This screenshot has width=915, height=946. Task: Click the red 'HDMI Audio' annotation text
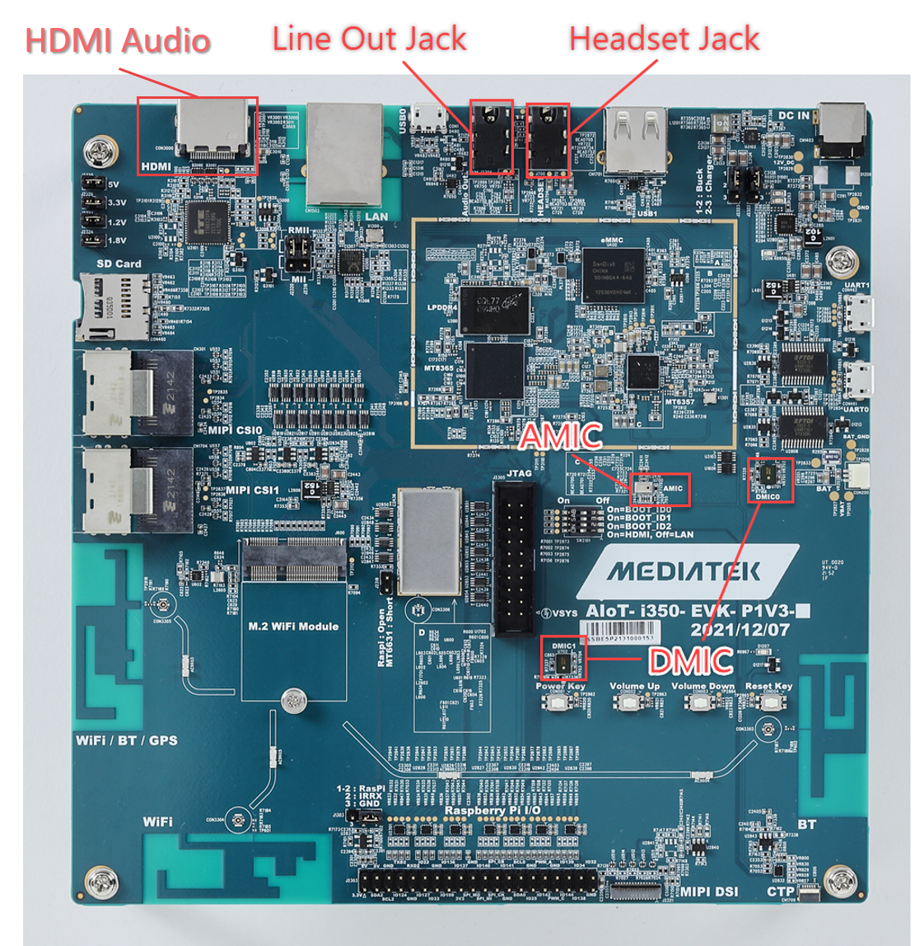[x=118, y=41]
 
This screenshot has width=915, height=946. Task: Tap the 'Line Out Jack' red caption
[x=369, y=39]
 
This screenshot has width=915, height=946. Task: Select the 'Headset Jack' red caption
[x=664, y=39]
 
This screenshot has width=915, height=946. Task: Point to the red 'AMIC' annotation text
[x=562, y=436]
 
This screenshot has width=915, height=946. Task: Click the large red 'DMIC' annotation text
[x=690, y=661]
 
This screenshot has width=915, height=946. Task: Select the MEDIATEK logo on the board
[x=684, y=571]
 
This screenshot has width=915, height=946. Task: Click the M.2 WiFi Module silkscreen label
[x=293, y=627]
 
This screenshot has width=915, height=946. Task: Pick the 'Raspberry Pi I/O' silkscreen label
[x=493, y=811]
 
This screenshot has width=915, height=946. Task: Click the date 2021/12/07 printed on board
[x=740, y=630]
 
